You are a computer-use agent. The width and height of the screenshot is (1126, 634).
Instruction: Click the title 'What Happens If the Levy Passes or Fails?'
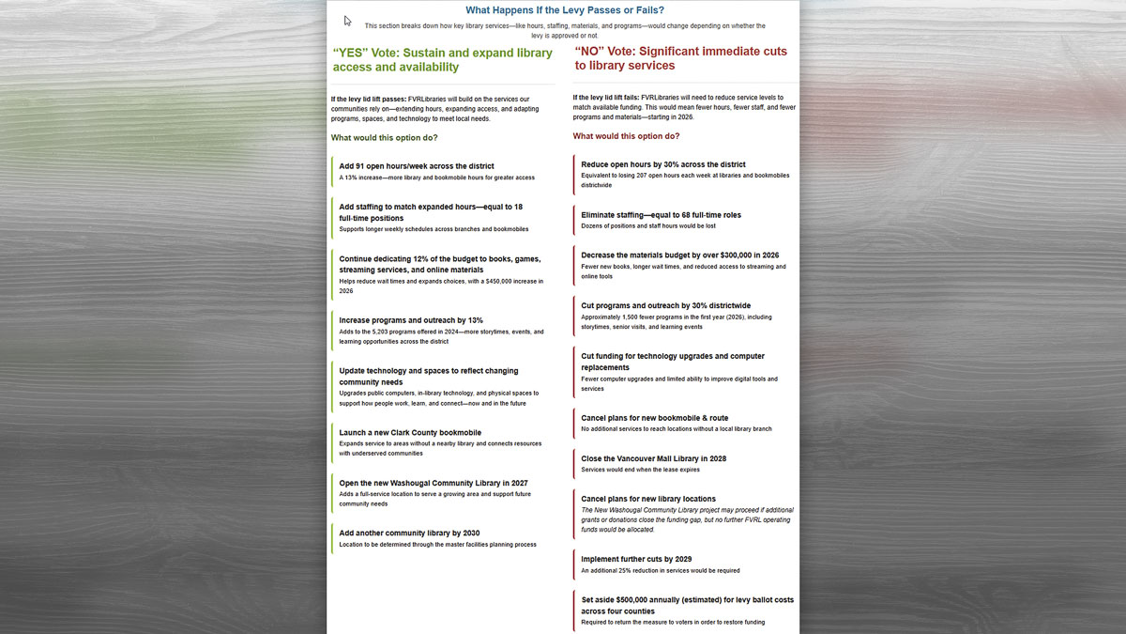point(565,10)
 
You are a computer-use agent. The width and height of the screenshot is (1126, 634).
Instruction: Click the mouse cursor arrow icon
point(348,21)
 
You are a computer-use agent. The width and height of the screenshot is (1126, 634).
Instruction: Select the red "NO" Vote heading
point(680,58)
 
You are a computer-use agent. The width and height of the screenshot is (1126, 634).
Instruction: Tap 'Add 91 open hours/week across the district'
point(417,166)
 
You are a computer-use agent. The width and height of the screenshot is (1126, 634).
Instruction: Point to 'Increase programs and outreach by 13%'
point(411,320)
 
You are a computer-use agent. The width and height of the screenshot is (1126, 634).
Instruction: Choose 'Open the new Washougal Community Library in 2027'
point(434,483)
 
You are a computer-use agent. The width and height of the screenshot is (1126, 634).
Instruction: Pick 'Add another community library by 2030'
point(409,533)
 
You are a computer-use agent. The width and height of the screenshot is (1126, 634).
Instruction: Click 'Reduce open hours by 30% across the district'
point(663,164)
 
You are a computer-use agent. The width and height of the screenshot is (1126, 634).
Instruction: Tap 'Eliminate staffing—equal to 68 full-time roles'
point(661,215)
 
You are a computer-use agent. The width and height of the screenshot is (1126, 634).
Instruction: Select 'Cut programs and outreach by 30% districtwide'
point(666,305)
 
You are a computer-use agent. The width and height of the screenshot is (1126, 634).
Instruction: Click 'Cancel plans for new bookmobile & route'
point(654,418)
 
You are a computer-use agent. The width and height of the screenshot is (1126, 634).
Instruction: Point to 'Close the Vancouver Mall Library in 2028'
point(653,458)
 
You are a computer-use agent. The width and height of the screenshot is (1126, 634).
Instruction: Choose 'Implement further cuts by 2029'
point(636,559)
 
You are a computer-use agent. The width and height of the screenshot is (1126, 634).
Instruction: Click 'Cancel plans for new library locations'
point(648,499)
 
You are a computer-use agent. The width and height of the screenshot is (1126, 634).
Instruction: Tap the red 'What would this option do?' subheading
point(626,136)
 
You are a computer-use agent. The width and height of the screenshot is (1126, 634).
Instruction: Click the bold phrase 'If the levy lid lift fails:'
point(606,98)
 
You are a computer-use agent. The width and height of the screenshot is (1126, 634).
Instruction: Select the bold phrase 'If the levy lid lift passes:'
point(368,99)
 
